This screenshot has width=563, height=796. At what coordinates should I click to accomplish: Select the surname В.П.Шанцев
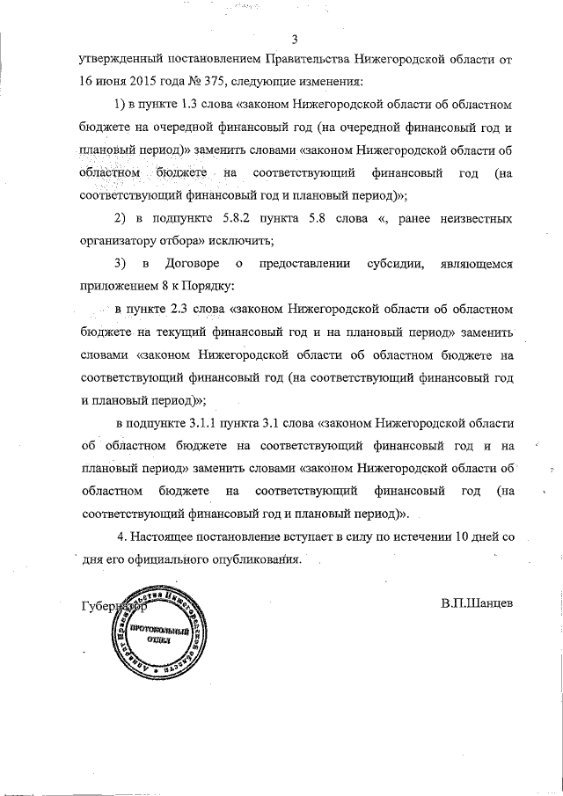pos(477,604)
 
